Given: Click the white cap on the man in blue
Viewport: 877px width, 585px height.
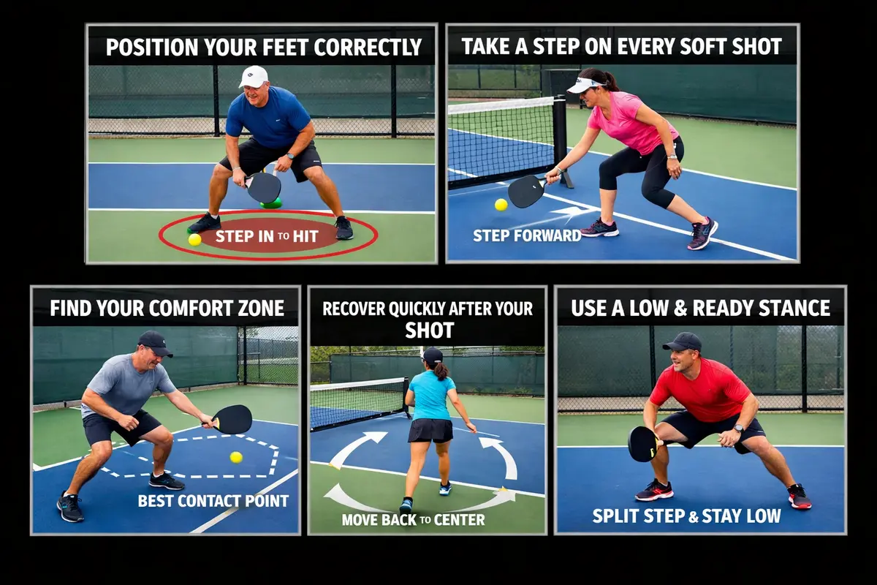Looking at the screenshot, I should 253,75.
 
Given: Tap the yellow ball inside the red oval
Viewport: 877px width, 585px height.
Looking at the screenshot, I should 194,239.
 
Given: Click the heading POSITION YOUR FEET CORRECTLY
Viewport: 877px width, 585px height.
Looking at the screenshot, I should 264,48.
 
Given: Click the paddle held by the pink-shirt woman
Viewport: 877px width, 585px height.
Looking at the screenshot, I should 526,191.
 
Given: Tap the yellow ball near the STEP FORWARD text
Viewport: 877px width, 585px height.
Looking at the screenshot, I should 501,205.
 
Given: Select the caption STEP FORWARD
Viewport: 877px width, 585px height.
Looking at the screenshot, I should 527,235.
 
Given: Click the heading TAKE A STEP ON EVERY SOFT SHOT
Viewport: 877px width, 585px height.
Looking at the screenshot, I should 621,46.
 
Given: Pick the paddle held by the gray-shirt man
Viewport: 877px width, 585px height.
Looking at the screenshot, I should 233,419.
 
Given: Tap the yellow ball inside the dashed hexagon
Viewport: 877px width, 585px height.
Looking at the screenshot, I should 236,457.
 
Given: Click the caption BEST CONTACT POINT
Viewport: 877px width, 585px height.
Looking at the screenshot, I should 213,501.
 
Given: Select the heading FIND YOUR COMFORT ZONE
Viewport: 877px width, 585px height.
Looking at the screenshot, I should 167,308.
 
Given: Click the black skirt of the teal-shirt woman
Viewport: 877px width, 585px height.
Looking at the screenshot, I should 430,431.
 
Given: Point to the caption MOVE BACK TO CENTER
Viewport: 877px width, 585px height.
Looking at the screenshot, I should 413,521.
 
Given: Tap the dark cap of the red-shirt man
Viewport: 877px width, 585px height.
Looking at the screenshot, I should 683,341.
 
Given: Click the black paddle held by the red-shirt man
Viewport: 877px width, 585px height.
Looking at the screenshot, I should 643,443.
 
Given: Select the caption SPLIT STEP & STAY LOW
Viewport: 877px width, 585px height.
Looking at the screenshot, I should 686,516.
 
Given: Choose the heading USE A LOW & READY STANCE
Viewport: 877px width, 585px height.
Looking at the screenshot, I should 701,308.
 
